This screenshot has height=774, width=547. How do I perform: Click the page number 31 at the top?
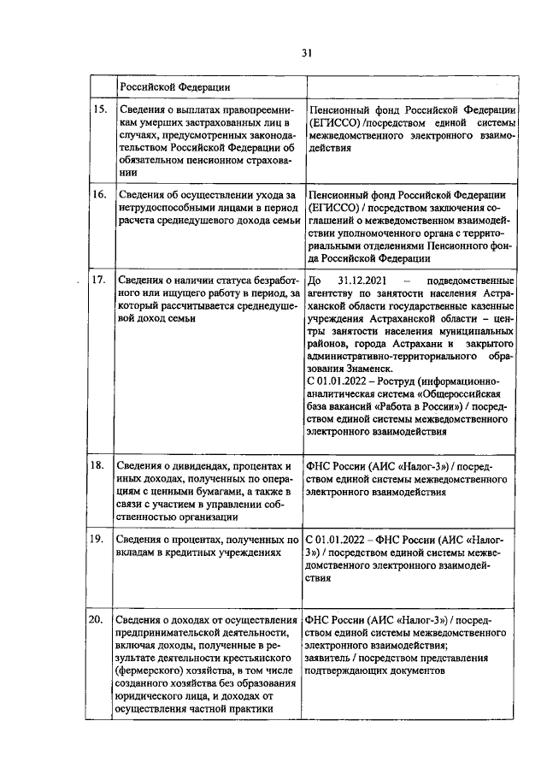[x=307, y=53]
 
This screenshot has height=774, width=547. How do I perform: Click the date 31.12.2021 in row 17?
[x=364, y=281]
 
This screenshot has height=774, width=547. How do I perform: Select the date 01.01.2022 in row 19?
[x=344, y=540]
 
